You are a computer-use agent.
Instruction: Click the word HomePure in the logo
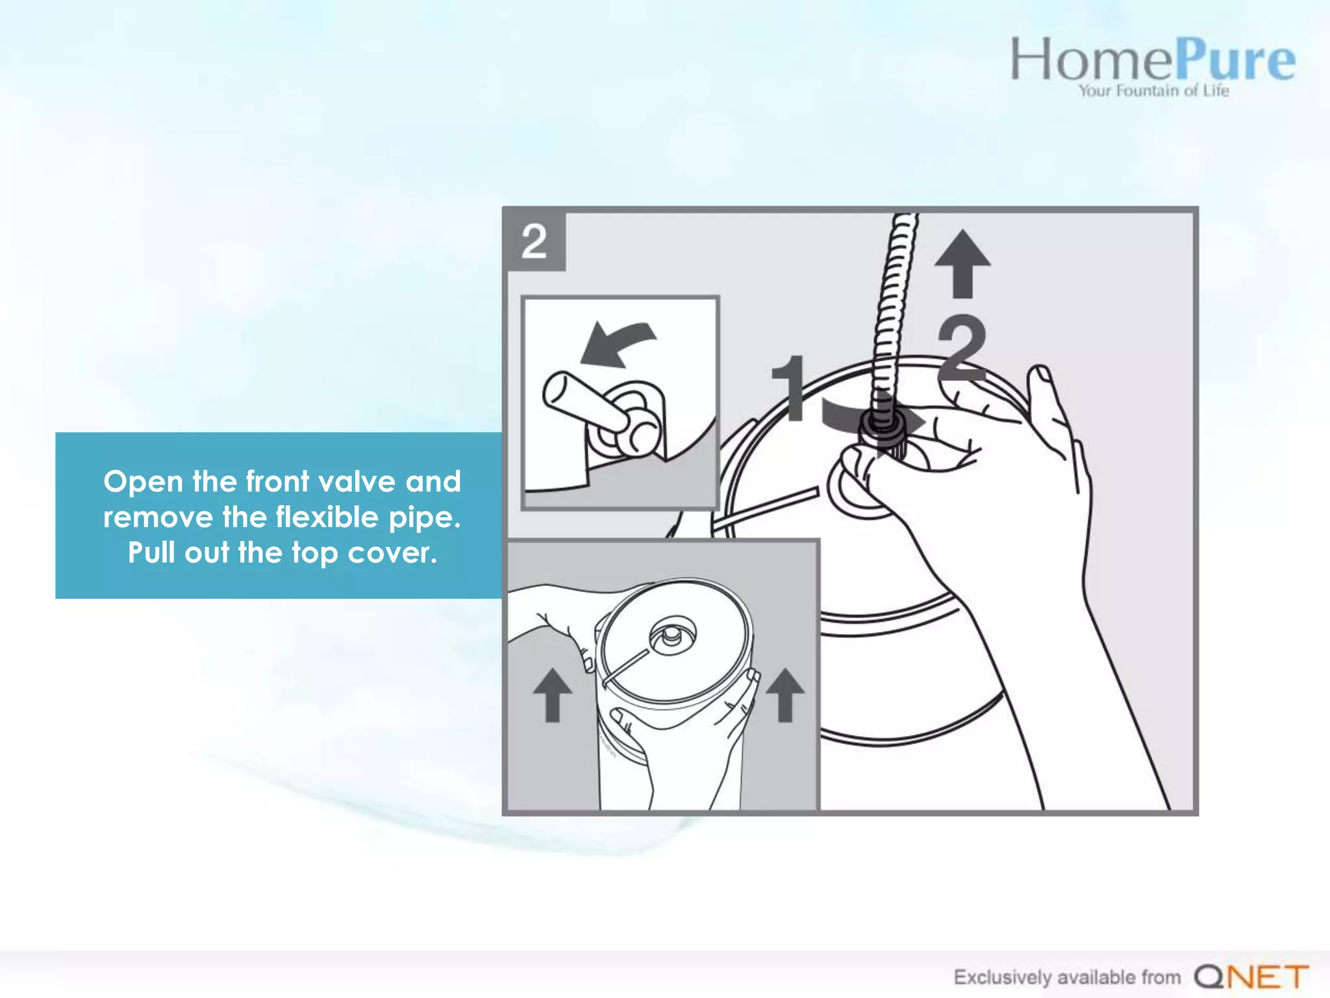tap(1151, 60)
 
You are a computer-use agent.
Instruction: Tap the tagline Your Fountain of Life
tap(1153, 91)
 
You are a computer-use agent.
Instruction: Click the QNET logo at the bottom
tap(1251, 976)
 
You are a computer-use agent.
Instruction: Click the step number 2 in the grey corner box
tap(534, 241)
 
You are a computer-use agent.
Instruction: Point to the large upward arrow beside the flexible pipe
tap(962, 263)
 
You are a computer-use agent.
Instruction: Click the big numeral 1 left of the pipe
tap(790, 388)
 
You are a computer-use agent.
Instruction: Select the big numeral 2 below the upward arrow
tap(962, 348)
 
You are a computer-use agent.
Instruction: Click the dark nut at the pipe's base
tap(882, 426)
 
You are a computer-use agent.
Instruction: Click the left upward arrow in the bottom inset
tap(552, 695)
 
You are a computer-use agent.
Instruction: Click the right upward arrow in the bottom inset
tap(784, 695)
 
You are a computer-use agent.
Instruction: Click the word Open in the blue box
tap(143, 481)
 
